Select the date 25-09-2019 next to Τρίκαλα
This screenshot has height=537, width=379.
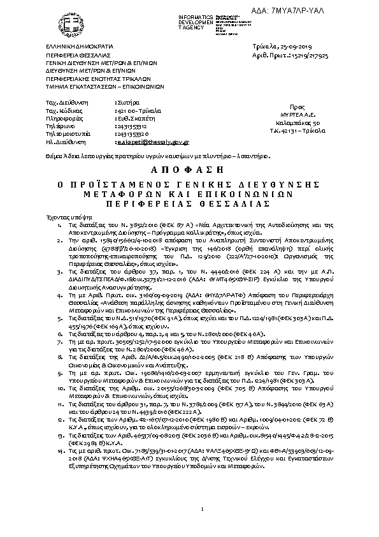(294, 47)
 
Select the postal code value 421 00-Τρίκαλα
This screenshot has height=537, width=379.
(133, 110)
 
